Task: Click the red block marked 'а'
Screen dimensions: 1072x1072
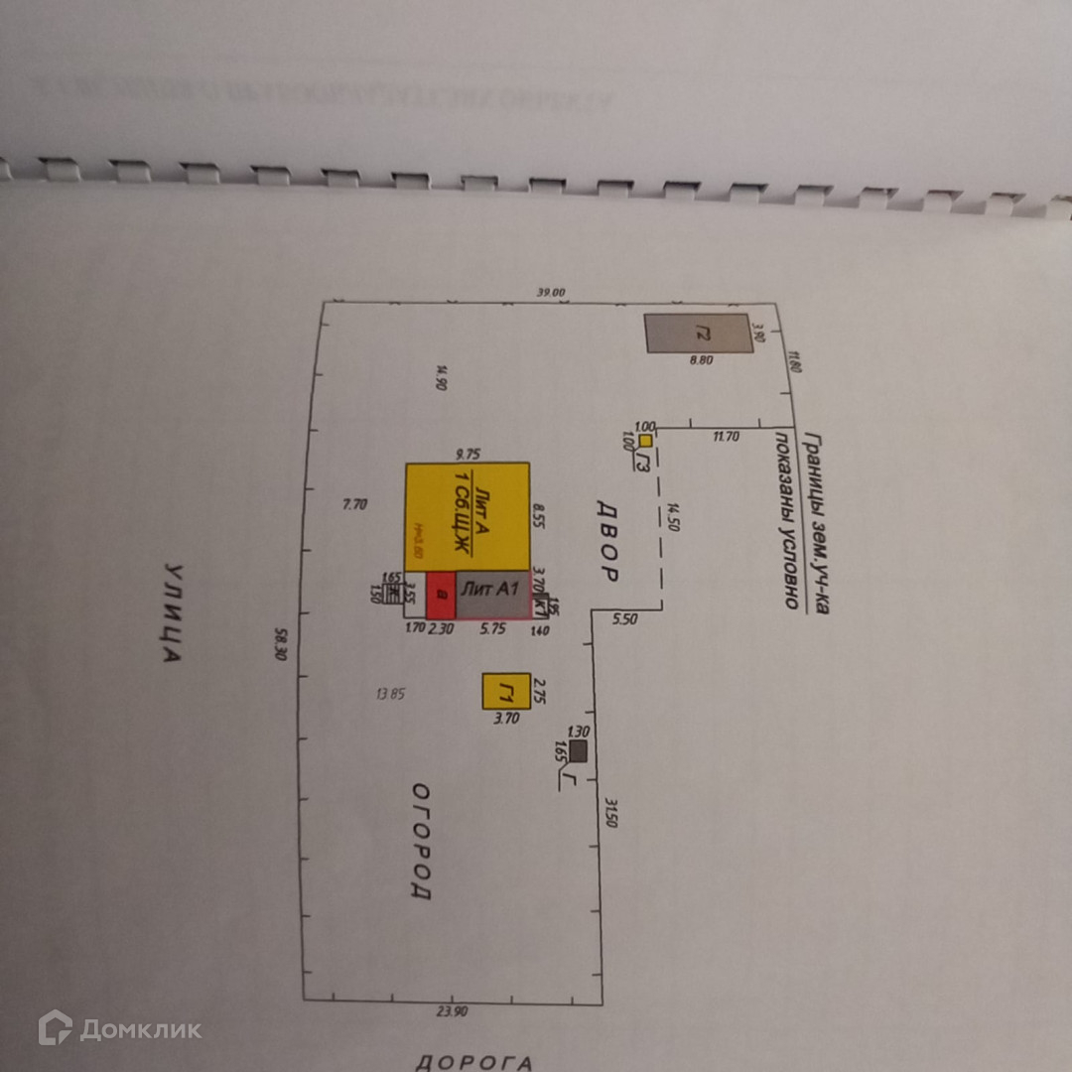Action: [x=441, y=594]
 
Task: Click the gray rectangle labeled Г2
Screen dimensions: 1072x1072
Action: [x=698, y=334]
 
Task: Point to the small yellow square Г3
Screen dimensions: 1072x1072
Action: [x=645, y=440]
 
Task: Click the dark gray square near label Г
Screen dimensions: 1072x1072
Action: [x=578, y=751]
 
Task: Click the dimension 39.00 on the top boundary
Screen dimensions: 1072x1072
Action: [x=550, y=293]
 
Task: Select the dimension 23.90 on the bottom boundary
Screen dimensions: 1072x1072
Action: [x=453, y=1010]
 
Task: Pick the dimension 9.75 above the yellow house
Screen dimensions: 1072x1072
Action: [x=468, y=454]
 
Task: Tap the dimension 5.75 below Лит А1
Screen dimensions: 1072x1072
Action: [x=493, y=628]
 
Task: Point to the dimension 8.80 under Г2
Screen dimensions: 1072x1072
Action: [x=702, y=361]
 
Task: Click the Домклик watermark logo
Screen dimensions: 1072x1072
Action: [x=119, y=1028]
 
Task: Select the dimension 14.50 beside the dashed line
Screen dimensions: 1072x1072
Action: [x=674, y=516]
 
